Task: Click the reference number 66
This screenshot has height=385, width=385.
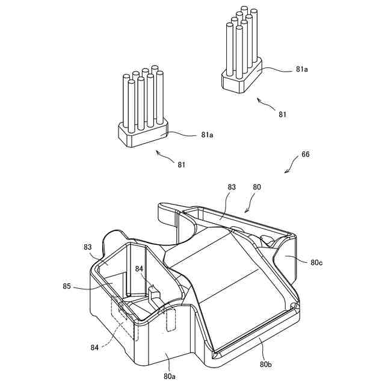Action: (306, 155)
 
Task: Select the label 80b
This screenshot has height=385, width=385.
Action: (265, 365)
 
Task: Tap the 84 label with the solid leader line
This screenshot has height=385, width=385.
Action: (139, 268)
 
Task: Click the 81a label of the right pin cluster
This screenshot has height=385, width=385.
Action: (302, 70)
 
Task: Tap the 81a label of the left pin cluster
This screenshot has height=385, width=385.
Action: (207, 134)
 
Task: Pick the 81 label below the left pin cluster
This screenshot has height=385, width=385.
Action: (182, 163)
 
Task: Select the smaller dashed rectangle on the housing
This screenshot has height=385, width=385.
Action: (170, 321)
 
